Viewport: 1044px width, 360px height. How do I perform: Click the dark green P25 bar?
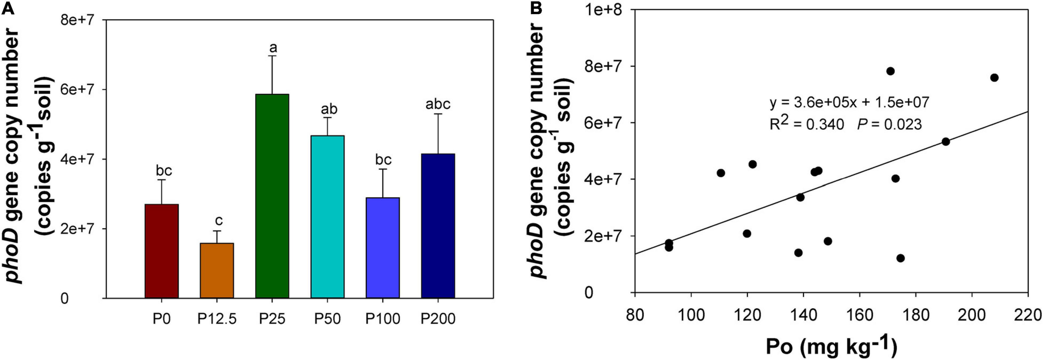(272, 196)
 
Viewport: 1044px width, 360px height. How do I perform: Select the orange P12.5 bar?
(217, 270)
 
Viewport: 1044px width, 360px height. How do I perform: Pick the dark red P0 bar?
(162, 251)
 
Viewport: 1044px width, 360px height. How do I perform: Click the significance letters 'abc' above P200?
(438, 104)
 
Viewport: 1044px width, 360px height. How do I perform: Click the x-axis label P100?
(383, 319)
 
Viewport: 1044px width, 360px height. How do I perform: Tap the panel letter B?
(536, 8)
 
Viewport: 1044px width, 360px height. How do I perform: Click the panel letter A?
(8, 8)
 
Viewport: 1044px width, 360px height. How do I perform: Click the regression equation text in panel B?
(849, 102)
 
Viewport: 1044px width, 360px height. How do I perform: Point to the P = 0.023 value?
(889, 124)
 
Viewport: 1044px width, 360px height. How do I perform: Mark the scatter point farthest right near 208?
(994, 78)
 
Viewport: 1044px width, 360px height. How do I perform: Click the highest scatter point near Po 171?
(890, 71)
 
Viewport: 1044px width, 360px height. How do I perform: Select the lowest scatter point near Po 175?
(900, 258)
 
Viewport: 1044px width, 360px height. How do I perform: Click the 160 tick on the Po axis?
(859, 314)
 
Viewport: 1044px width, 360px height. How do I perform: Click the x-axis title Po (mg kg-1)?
(831, 346)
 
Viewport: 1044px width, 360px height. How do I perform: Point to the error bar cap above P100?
(383, 169)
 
